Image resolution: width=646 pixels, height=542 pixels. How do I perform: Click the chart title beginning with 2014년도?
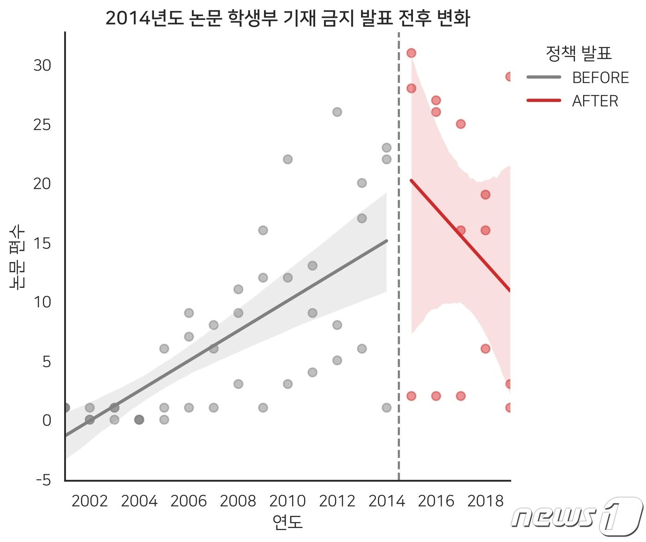click(287, 18)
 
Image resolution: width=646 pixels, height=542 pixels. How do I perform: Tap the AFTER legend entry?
click(595, 101)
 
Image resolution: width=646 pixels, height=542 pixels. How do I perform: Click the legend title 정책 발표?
click(578, 54)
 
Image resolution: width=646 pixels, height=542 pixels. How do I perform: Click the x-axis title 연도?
click(287, 522)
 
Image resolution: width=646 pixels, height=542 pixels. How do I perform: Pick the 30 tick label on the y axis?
click(42, 66)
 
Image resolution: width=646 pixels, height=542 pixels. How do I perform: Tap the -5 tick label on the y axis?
click(43, 480)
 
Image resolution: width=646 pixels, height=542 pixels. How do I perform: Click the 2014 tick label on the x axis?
click(386, 501)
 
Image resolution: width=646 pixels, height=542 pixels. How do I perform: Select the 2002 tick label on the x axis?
click(90, 501)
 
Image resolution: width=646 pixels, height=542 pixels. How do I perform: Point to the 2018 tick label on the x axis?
click(485, 501)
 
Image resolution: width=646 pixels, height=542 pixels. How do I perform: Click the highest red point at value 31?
click(411, 53)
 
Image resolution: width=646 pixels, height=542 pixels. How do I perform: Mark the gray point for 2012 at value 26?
click(337, 112)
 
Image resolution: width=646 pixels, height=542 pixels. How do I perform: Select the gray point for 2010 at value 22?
click(287, 159)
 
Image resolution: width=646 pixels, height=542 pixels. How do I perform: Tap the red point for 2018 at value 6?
click(485, 349)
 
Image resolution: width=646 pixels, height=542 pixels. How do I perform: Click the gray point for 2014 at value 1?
click(387, 408)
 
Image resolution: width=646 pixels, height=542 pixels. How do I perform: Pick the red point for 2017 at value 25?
click(461, 124)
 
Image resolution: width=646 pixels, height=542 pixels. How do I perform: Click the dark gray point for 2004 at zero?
click(139, 419)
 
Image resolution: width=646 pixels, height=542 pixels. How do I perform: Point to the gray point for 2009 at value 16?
click(263, 230)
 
